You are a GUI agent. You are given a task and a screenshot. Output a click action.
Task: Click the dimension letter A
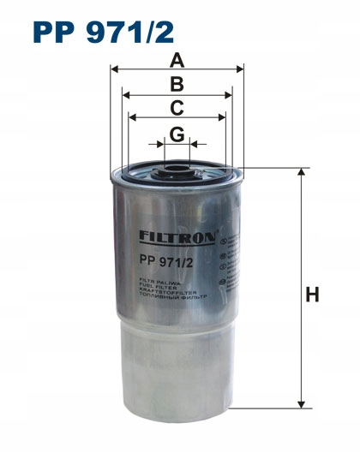[177, 60]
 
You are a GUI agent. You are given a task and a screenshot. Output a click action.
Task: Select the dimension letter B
[177, 84]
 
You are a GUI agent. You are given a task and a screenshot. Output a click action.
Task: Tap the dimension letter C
[177, 108]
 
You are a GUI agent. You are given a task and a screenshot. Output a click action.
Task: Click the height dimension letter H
[313, 295]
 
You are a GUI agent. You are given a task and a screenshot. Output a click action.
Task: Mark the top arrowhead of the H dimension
[301, 172]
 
